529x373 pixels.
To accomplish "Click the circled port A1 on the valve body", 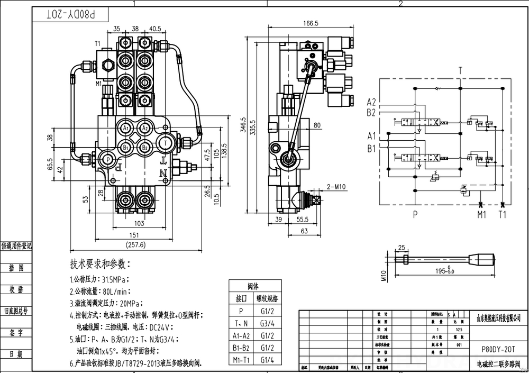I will (x=126, y=129).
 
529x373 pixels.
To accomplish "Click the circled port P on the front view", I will (x=108, y=159).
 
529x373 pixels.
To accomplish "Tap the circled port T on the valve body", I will (x=166, y=142).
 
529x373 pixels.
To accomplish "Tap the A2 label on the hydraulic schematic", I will (x=371, y=102).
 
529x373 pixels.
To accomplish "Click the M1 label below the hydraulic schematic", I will (x=481, y=214).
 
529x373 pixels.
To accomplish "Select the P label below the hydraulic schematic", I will (x=415, y=214).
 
